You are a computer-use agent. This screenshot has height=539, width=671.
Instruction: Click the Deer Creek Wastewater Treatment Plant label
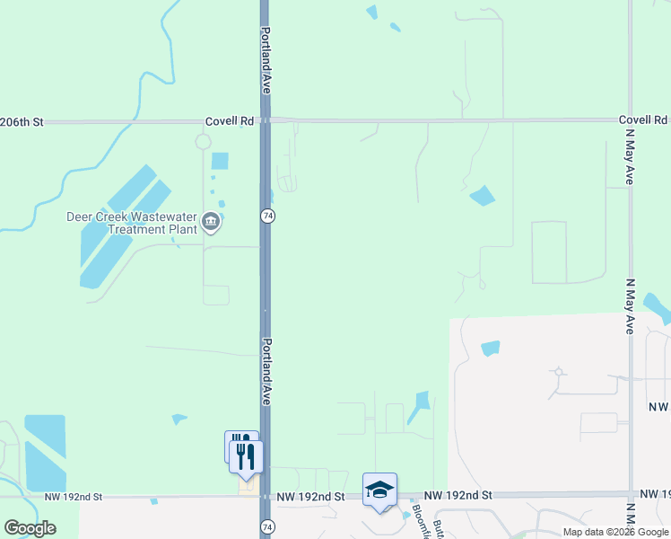[x=132, y=223]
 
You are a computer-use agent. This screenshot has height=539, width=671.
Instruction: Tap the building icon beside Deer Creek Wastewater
[x=211, y=222]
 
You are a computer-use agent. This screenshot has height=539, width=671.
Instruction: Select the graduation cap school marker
[x=379, y=490]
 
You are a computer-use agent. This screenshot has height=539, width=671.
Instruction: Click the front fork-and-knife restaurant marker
[x=247, y=455]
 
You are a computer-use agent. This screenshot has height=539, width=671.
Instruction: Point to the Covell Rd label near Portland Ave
[x=229, y=120]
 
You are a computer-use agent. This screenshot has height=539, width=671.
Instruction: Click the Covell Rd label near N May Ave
[x=642, y=119]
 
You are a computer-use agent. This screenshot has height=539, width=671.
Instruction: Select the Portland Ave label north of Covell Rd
[x=266, y=61]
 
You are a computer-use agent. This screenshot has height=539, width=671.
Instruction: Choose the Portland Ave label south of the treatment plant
[x=266, y=372]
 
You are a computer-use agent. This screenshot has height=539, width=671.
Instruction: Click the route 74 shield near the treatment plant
[x=267, y=216]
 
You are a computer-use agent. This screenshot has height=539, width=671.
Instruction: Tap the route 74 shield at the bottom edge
[x=266, y=525]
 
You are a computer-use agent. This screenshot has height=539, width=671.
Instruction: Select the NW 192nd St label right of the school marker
[x=458, y=495]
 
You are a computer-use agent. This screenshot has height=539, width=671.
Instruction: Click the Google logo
[x=30, y=528]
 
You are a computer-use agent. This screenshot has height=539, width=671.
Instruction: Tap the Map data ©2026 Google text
[x=615, y=532]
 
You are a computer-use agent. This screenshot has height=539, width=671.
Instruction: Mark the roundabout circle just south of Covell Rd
[x=204, y=141]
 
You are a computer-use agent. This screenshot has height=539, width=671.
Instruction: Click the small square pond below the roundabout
[x=220, y=162]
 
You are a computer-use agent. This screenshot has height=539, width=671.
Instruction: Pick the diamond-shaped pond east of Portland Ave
[x=483, y=195]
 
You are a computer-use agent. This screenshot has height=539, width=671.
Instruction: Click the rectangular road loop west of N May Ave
[x=549, y=252]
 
